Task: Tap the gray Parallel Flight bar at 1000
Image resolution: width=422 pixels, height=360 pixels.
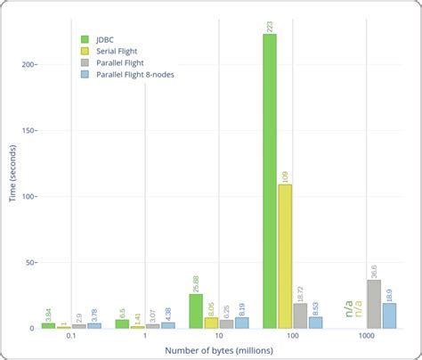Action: pos(374,304)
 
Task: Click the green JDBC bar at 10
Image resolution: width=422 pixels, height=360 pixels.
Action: pos(196,311)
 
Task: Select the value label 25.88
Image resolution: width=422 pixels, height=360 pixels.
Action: pos(196,280)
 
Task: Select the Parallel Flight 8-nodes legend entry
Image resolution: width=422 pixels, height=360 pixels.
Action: pos(134,74)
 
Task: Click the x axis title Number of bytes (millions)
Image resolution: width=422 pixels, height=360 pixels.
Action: pos(218,351)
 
